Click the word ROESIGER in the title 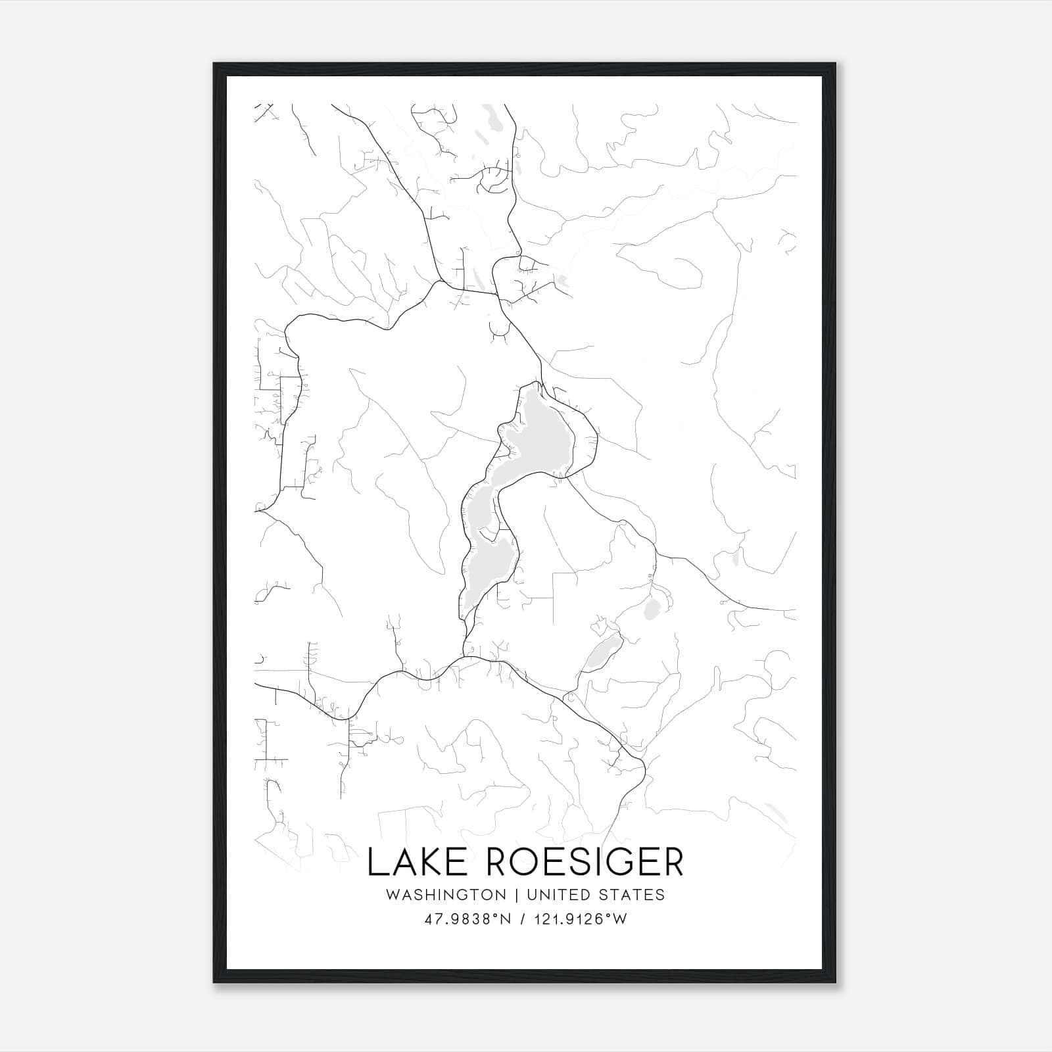coord(585,862)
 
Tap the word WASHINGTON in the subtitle coord(446,895)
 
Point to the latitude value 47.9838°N coord(467,919)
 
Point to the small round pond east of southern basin coord(653,608)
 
